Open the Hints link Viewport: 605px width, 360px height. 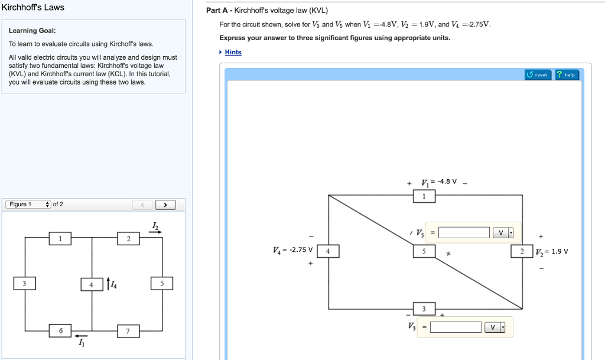point(233,52)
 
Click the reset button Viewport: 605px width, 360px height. point(538,75)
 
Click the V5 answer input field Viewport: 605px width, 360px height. point(464,232)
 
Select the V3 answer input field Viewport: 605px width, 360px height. point(456,327)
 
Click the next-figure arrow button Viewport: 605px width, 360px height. point(165,205)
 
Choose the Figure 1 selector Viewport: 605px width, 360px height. point(28,205)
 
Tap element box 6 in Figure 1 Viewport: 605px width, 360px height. point(60,330)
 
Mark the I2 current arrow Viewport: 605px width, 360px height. point(155,232)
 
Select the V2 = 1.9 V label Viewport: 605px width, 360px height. point(551,251)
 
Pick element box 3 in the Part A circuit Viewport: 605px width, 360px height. point(424,309)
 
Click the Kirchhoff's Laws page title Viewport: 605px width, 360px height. point(32,8)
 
